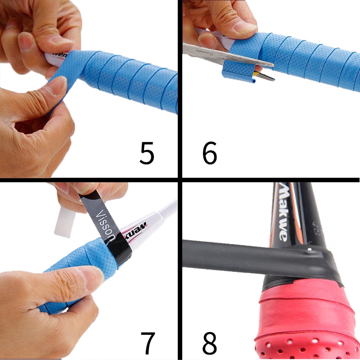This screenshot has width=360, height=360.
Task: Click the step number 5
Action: point(147,153)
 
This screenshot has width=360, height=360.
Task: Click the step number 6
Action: point(210,153)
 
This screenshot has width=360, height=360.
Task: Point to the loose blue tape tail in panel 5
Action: point(58,97)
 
